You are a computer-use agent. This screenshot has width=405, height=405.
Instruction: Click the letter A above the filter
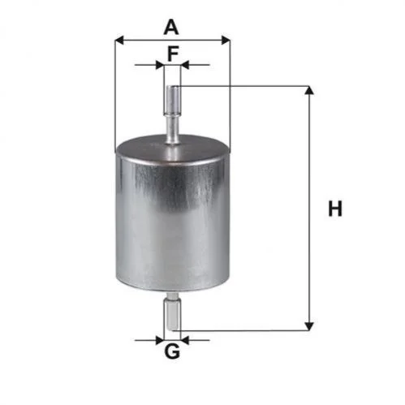tap(171, 28)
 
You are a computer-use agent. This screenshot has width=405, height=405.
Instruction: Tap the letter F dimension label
tap(173, 54)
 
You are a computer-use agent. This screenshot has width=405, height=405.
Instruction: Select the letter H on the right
tap(335, 209)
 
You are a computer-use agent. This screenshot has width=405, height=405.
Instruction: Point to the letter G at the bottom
tap(172, 351)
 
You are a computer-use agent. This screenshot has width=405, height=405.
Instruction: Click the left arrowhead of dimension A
tap(119, 41)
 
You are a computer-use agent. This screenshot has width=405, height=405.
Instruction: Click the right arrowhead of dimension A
tap(226, 41)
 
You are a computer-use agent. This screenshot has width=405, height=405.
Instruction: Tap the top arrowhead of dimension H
tap(309, 90)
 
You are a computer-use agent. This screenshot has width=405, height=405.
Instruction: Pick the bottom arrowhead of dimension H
tap(309, 326)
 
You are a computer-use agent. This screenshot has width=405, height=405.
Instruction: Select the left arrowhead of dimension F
tap(160, 65)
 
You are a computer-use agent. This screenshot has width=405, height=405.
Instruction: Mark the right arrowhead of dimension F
tap(184, 65)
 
